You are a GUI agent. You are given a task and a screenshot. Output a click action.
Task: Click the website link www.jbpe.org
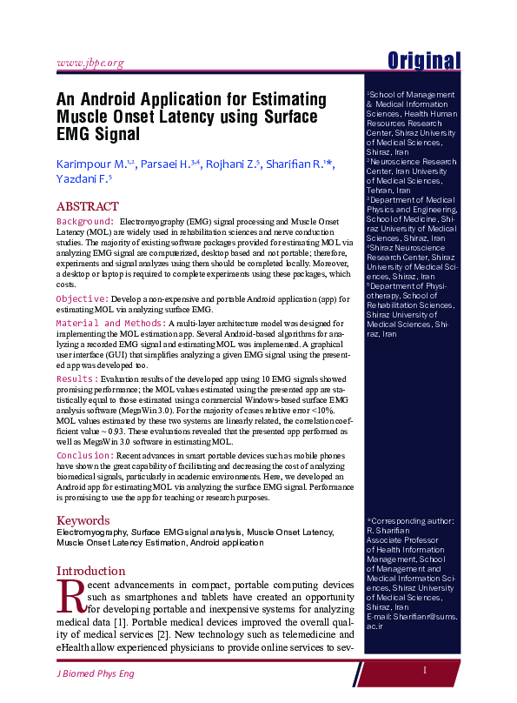(x=89, y=63)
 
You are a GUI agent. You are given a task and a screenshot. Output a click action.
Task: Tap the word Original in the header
(x=424, y=60)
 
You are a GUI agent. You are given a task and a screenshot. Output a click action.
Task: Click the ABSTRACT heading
(x=87, y=206)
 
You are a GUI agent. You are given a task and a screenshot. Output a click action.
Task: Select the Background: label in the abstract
(x=85, y=222)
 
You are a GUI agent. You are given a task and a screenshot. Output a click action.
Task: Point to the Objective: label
(x=83, y=298)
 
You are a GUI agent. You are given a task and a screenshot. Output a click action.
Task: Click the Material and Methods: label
(x=111, y=323)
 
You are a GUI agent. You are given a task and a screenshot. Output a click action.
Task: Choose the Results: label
(x=76, y=380)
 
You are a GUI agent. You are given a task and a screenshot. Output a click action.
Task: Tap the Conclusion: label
(x=85, y=455)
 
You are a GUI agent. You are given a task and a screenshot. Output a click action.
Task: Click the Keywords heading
(x=83, y=519)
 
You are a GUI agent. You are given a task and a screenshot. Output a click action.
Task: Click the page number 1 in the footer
(x=425, y=670)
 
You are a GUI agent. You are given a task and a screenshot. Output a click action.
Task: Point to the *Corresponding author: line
(x=411, y=519)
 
